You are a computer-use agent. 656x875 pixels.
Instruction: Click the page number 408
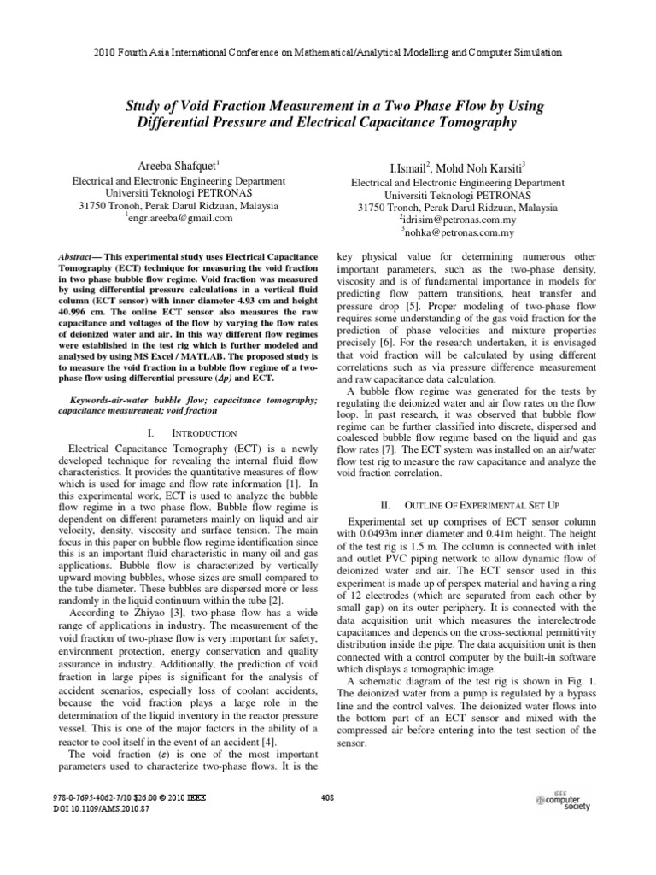pyautogui.click(x=327, y=797)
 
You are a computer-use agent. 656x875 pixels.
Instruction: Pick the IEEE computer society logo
pyautogui.click(x=564, y=801)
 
